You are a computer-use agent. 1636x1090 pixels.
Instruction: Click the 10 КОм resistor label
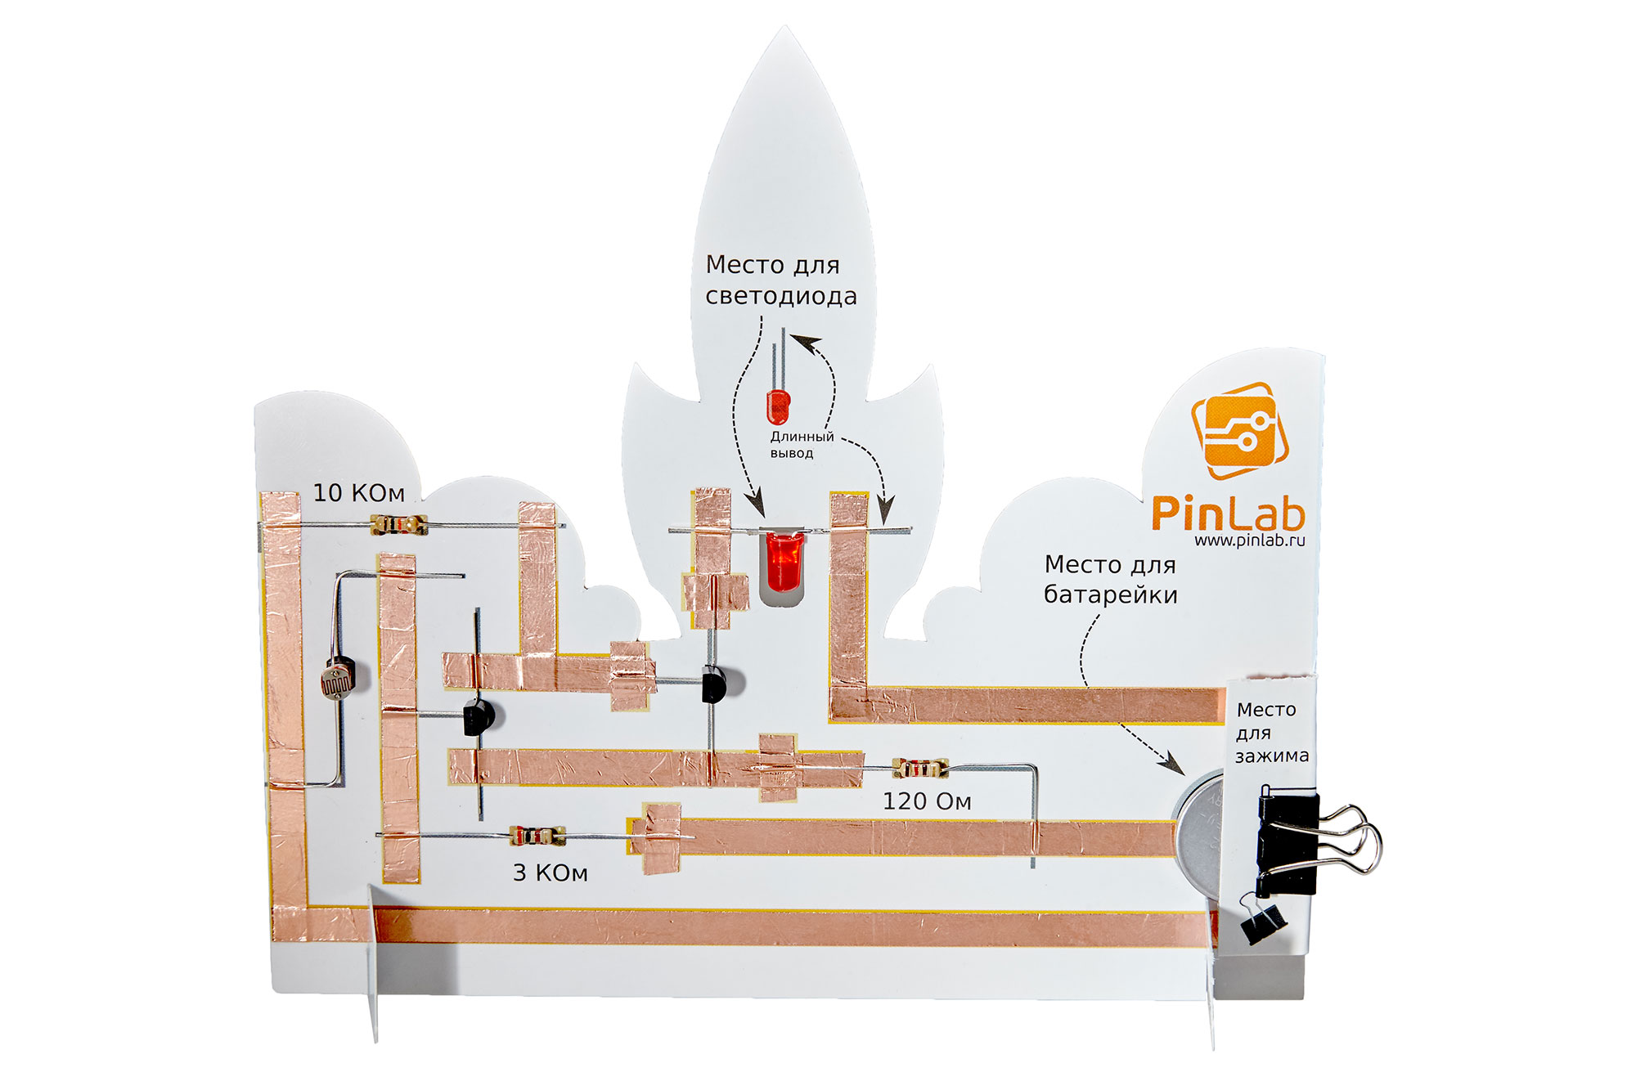tap(358, 492)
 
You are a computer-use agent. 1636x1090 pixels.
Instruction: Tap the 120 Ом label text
tap(927, 801)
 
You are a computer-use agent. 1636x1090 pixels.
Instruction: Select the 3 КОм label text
tap(550, 873)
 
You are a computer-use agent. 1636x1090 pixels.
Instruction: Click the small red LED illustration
tap(778, 406)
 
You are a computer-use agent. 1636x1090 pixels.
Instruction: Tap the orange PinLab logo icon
tap(1239, 430)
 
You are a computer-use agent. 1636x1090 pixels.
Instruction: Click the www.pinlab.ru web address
tap(1249, 541)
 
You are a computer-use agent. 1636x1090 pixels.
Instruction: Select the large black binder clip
tap(1291, 842)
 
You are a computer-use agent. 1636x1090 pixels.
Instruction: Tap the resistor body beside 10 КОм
tap(398, 524)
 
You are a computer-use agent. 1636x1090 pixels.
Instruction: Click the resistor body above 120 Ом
tap(920, 768)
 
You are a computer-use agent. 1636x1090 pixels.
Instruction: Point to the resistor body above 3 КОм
tap(537, 835)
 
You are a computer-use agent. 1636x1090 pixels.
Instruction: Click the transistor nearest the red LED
tap(715, 684)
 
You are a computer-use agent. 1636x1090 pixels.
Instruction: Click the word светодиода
tap(781, 296)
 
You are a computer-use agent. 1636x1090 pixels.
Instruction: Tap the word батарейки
tap(1110, 594)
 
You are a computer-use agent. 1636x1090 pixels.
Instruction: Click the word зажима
tap(1271, 756)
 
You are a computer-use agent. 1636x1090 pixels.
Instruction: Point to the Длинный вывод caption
tap(801, 444)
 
